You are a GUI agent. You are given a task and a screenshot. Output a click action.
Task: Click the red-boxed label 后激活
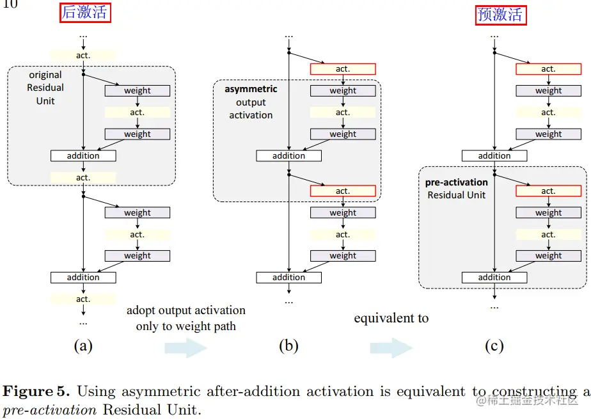(86, 13)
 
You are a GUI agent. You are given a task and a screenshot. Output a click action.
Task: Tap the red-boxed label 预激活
(501, 14)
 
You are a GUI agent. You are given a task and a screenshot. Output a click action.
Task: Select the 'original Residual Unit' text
(45, 88)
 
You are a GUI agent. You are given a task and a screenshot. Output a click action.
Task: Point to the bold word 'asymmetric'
(251, 90)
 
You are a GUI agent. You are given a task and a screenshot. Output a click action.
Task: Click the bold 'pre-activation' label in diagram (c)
(457, 182)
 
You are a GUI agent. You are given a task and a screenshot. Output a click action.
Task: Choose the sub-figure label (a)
(83, 347)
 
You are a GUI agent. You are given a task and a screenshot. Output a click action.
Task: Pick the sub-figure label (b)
(288, 347)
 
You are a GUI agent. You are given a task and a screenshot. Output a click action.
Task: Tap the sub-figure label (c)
(494, 347)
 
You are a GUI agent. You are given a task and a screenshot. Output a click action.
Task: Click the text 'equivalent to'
(391, 318)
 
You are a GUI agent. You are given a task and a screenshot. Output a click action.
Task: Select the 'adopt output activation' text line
(186, 310)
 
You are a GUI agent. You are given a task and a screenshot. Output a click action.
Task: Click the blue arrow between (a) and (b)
(185, 347)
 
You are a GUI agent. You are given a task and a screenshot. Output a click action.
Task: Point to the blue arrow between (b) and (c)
(391, 347)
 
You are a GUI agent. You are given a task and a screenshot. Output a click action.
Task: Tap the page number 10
(11, 4)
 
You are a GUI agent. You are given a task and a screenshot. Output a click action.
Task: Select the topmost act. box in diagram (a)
(83, 56)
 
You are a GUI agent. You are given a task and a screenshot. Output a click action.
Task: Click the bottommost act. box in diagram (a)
(83, 299)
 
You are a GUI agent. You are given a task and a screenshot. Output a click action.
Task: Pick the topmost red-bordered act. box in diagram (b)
(343, 69)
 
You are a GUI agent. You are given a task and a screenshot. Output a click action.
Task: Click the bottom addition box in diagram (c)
(494, 278)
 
